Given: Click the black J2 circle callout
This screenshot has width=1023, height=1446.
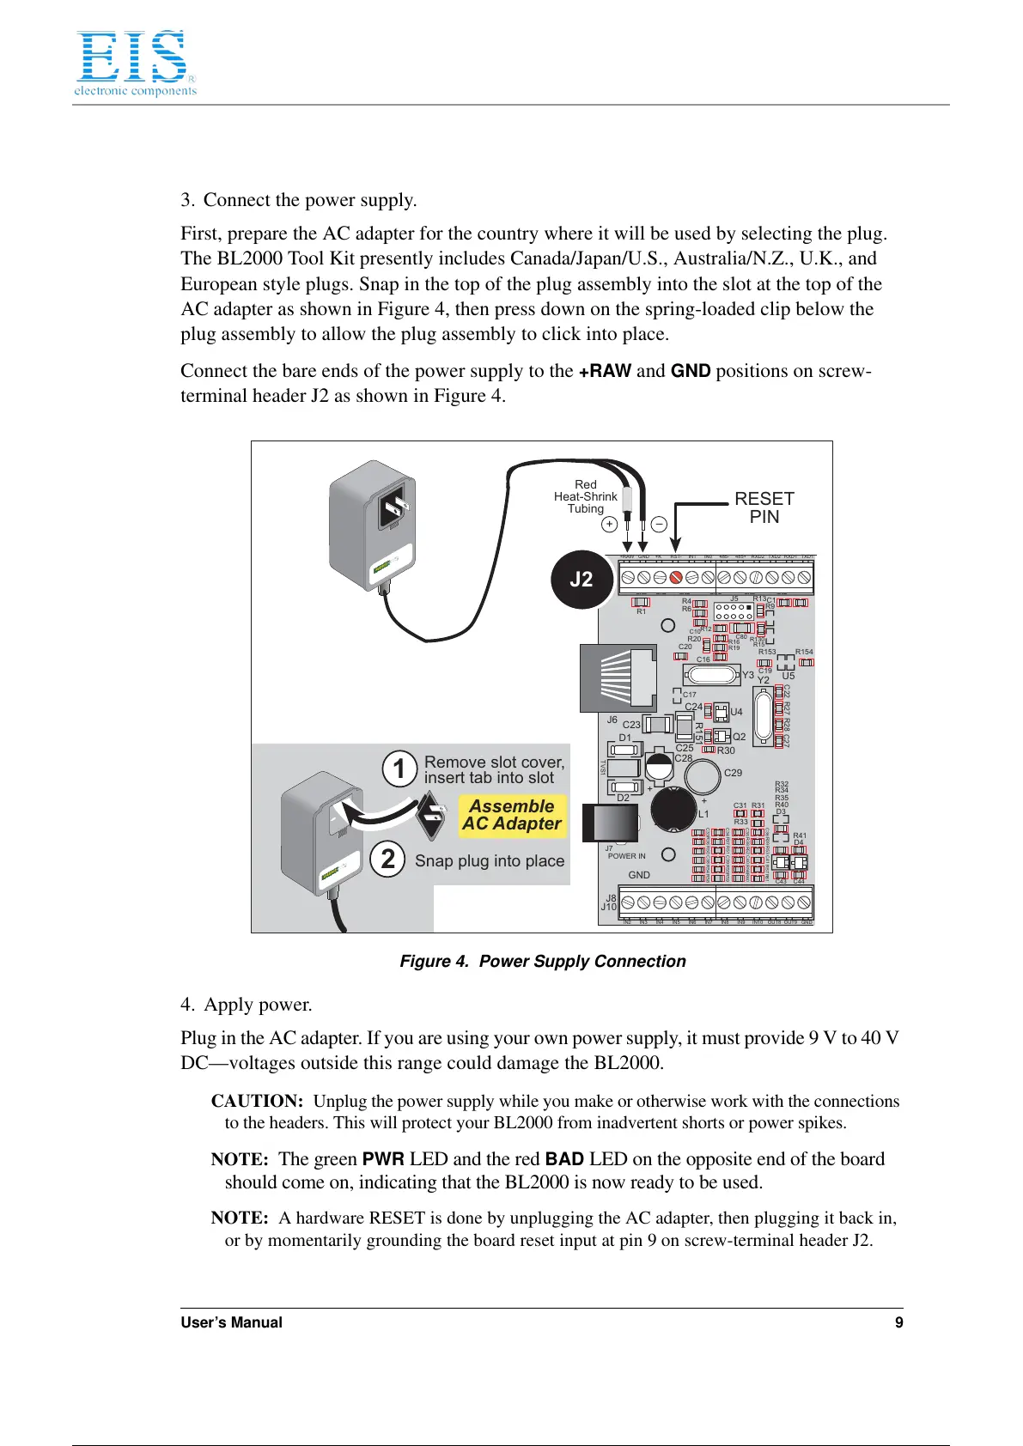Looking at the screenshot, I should pyautogui.click(x=582, y=580).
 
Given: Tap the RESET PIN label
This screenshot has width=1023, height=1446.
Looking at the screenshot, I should pyautogui.click(x=764, y=507).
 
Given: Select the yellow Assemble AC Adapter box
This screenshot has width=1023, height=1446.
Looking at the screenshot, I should pyautogui.click(x=512, y=815).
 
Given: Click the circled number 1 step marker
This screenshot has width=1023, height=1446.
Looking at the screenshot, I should pyautogui.click(x=399, y=769).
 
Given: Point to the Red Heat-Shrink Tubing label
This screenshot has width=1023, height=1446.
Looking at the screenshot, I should pyautogui.click(x=585, y=496).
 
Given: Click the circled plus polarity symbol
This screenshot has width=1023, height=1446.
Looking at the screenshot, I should pyautogui.click(x=609, y=524).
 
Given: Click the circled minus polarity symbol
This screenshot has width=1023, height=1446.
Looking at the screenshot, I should pyautogui.click(x=659, y=524).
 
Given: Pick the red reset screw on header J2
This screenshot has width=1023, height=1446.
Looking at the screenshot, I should pyautogui.click(x=676, y=578).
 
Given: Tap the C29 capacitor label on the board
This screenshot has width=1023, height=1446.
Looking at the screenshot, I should pyautogui.click(x=733, y=773).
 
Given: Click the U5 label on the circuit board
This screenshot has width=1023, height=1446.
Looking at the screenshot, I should pyautogui.click(x=789, y=676).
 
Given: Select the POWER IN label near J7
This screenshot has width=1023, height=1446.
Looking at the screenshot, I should pyautogui.click(x=626, y=856).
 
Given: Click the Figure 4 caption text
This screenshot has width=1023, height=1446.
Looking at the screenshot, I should pyautogui.click(x=543, y=961).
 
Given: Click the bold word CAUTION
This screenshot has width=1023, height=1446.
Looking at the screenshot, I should pyautogui.click(x=257, y=1101).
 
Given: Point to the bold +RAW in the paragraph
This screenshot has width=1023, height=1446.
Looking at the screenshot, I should pyautogui.click(x=605, y=371).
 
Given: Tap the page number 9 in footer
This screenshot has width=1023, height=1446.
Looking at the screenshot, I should pyautogui.click(x=898, y=1322).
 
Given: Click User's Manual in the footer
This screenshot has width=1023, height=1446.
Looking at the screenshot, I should pyautogui.click(x=231, y=1322).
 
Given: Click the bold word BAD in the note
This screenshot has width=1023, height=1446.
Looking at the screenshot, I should pyautogui.click(x=564, y=1159).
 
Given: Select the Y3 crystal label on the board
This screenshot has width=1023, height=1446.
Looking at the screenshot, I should pyautogui.click(x=748, y=675).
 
